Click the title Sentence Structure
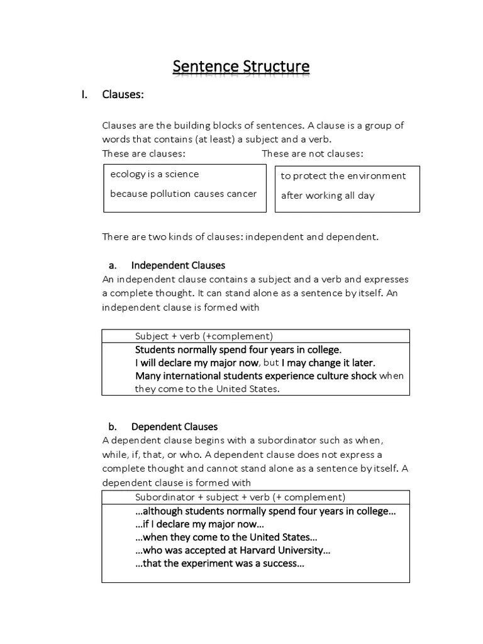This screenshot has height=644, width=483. click(241, 66)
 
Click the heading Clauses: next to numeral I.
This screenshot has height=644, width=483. click(123, 95)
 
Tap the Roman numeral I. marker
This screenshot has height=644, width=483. click(83, 95)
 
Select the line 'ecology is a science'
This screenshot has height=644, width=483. click(154, 174)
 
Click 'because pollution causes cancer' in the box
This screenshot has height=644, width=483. click(183, 194)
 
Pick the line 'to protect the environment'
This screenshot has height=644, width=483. click(343, 176)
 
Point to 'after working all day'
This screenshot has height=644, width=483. click(327, 196)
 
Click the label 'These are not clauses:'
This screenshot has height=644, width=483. click(312, 153)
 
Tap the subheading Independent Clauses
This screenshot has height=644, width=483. click(178, 265)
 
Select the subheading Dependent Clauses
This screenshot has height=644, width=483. click(174, 427)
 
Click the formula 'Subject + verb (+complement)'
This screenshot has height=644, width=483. click(204, 336)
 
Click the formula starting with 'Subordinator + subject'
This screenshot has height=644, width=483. click(240, 497)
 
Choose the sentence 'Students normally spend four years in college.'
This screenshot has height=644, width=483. click(238, 350)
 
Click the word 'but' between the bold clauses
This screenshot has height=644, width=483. click(270, 363)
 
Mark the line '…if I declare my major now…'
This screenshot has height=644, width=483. click(199, 524)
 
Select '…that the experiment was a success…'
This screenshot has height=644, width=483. click(219, 563)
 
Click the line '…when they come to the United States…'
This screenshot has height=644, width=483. click(226, 537)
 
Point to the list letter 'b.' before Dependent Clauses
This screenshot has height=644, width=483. click(113, 427)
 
